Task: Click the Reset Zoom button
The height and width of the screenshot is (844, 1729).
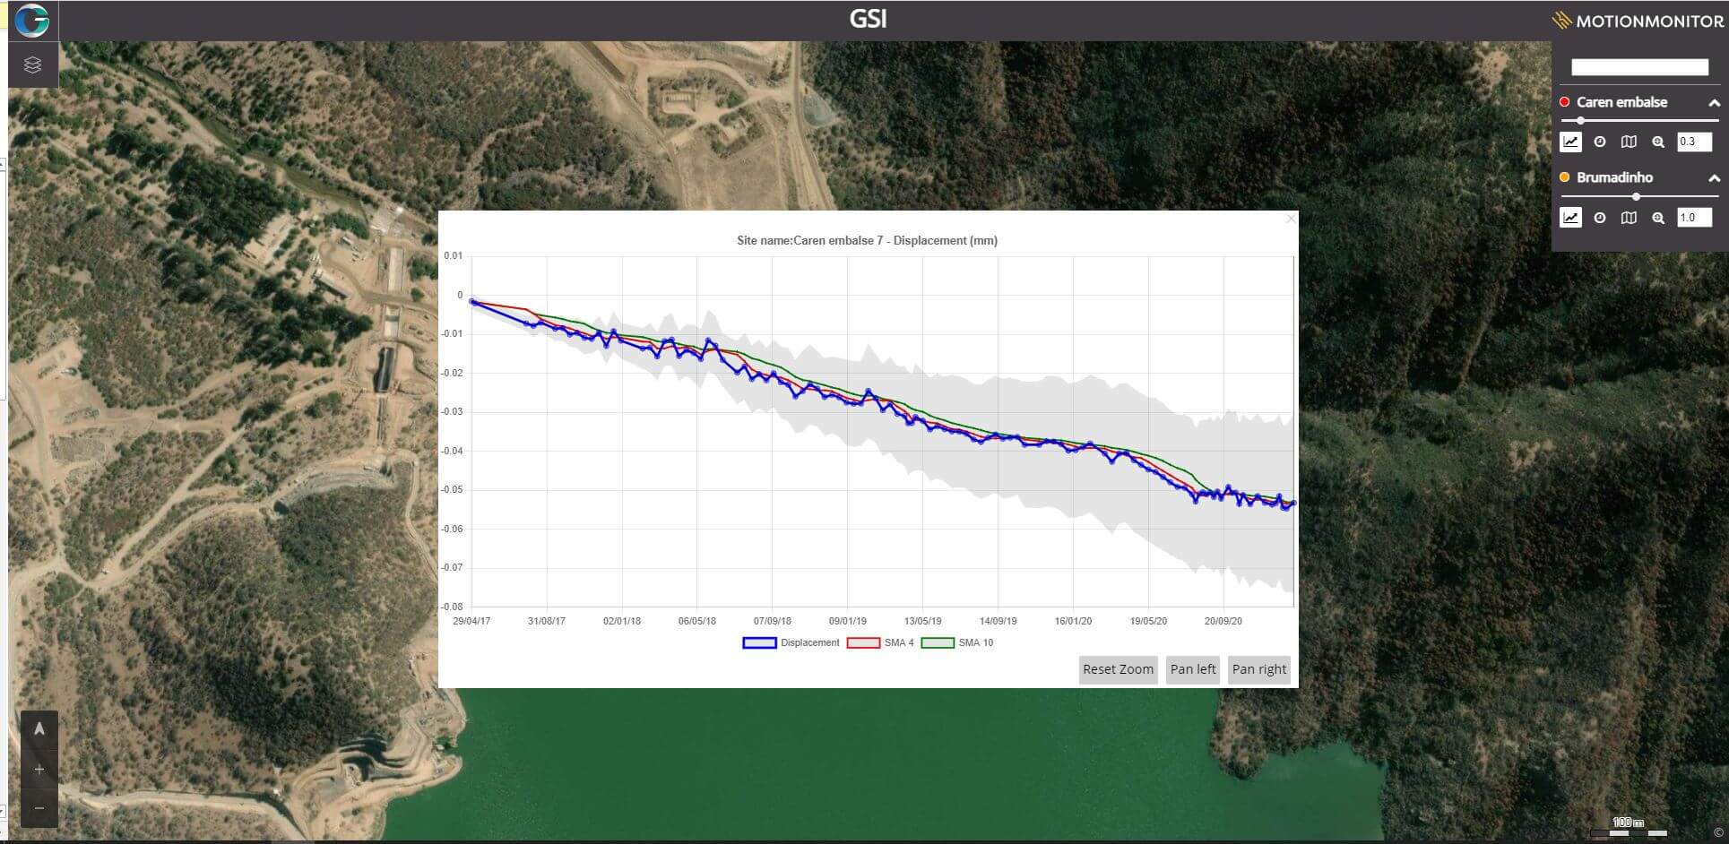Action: tap(1118, 669)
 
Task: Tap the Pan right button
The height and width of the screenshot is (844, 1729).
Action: tap(1258, 669)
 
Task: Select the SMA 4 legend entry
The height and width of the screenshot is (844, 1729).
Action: tap(881, 642)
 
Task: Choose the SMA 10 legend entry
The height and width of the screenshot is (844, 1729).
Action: tap(957, 642)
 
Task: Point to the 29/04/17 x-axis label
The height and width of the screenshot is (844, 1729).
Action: tap(471, 621)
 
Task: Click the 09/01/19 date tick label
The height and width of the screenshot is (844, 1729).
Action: tap(847, 621)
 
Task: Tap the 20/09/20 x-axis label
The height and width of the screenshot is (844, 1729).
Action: tap(1223, 621)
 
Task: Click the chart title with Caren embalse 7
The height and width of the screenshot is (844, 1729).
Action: tap(867, 240)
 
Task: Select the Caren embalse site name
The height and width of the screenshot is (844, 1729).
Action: tap(1621, 102)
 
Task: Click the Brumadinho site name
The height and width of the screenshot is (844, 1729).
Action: tap(1614, 177)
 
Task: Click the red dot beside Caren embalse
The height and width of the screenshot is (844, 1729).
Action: tap(1565, 102)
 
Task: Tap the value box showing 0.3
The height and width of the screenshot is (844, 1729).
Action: tap(1694, 142)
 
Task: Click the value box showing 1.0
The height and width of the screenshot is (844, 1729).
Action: tap(1694, 217)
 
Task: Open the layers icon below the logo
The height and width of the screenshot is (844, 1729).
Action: tap(33, 65)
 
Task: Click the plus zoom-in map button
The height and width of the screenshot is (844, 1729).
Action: tap(39, 770)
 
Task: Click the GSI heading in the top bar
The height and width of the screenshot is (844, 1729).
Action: tap(868, 19)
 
